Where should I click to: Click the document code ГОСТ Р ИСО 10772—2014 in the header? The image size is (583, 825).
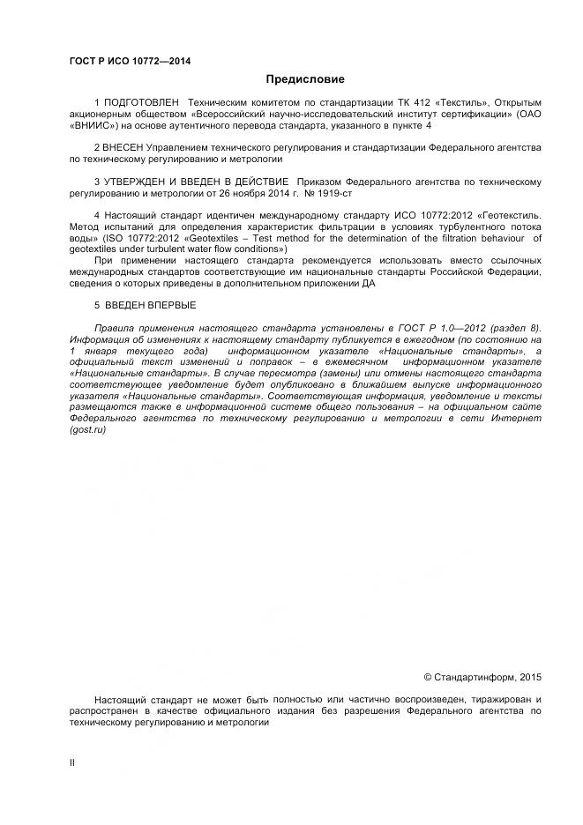(130, 61)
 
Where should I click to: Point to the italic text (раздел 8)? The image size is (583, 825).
(517, 326)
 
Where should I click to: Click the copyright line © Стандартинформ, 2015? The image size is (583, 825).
(482, 677)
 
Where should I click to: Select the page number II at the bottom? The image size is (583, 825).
(72, 763)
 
